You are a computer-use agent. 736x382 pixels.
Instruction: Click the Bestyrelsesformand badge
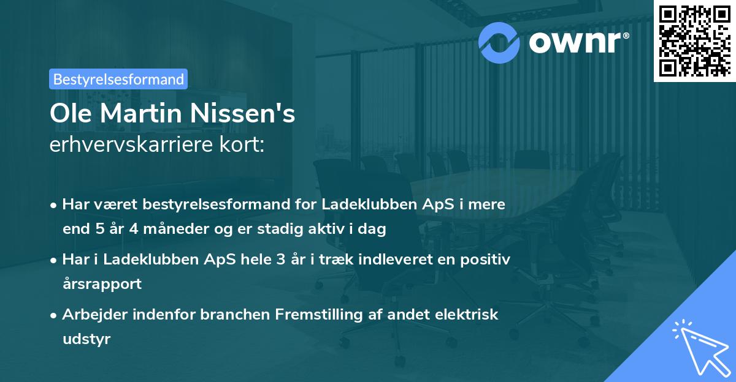pyautogui.click(x=118, y=79)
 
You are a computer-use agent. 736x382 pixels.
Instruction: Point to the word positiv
pyautogui.click(x=486, y=259)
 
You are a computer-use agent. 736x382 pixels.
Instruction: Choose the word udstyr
pyautogui.click(x=86, y=339)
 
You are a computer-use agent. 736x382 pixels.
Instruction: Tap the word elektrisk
pyautogui.click(x=469, y=315)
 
